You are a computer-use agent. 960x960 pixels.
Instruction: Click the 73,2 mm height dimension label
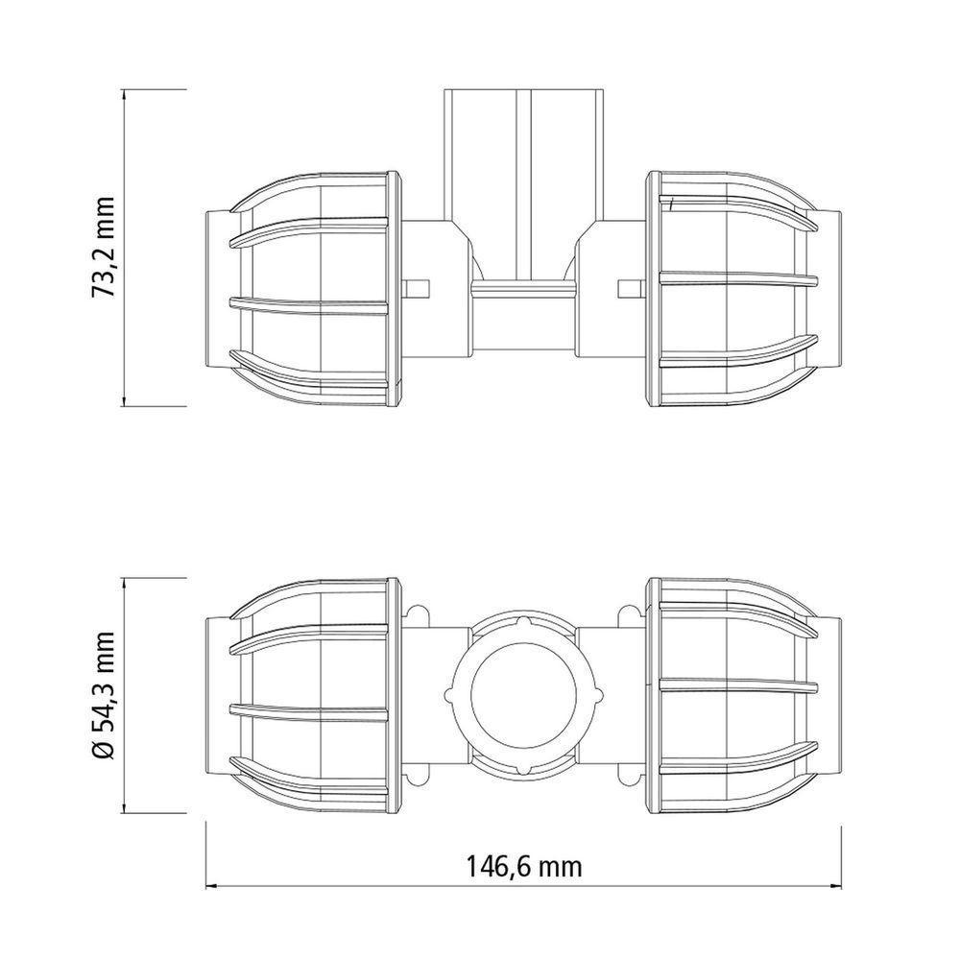[104, 248]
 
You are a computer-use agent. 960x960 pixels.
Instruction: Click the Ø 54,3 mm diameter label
[104, 697]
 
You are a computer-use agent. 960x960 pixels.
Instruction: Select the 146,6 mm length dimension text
[524, 867]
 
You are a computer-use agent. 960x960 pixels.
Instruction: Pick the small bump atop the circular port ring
[523, 622]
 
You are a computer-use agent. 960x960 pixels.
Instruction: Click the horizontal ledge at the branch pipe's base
[523, 288]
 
